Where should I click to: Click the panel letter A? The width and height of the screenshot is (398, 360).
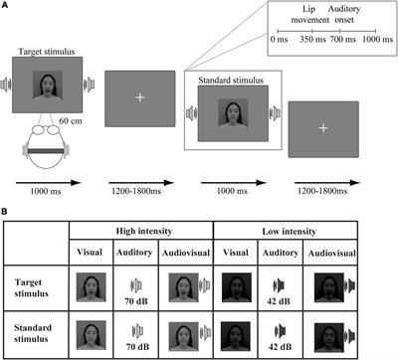pyautogui.click(x=8, y=6)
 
